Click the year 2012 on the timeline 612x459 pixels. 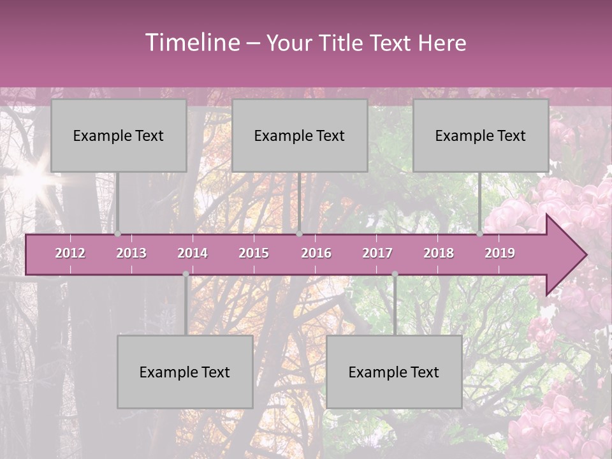click(x=70, y=253)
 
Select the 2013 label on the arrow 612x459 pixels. click(x=131, y=253)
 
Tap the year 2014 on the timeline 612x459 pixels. click(x=193, y=253)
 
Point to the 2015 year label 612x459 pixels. click(x=254, y=253)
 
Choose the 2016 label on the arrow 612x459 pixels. click(x=316, y=253)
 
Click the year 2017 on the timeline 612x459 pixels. click(x=377, y=253)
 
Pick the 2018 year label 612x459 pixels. click(x=439, y=253)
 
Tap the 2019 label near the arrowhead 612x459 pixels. click(x=500, y=253)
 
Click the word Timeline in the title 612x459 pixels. click(x=191, y=43)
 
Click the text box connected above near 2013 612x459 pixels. click(x=119, y=136)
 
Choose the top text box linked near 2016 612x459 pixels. click(x=300, y=136)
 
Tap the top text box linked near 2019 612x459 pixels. click(x=481, y=136)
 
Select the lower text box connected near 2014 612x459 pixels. click(x=185, y=372)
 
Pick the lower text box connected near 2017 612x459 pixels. click(x=394, y=372)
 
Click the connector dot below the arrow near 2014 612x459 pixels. click(x=186, y=274)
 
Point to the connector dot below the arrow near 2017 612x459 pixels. click(x=395, y=274)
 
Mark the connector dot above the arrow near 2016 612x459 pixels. click(x=299, y=233)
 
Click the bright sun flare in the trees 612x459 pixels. click(x=29, y=179)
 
